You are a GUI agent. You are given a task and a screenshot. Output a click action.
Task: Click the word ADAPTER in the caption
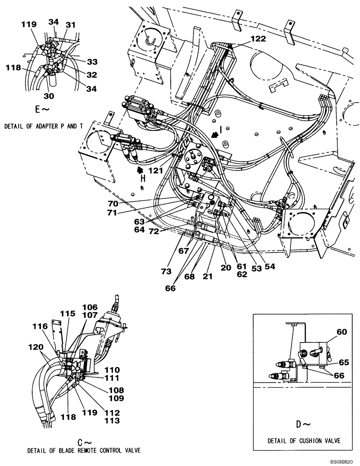pos(49,126)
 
